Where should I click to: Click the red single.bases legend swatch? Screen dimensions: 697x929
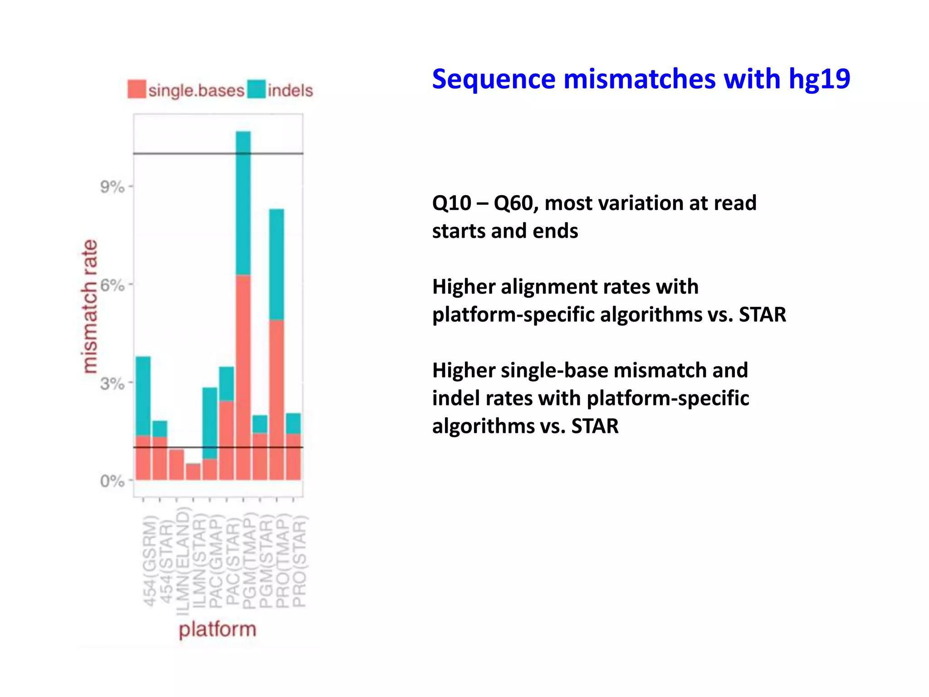coord(137,89)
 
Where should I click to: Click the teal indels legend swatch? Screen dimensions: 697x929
coord(256,89)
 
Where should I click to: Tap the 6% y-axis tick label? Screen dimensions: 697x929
coord(112,285)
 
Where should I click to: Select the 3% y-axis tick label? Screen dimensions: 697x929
coord(112,383)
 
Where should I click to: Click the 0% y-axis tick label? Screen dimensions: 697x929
coord(112,481)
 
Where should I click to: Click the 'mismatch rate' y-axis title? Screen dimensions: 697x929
coord(89,306)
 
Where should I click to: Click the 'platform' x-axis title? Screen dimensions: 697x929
coord(217,629)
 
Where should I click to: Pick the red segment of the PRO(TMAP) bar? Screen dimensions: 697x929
coord(277,399)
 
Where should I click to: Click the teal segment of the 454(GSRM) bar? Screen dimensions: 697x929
coord(143,396)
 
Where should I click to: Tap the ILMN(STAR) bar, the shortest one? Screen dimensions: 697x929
coord(193,471)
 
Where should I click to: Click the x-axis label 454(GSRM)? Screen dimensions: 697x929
coord(150,561)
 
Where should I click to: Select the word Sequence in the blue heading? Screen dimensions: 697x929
coord(493,79)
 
